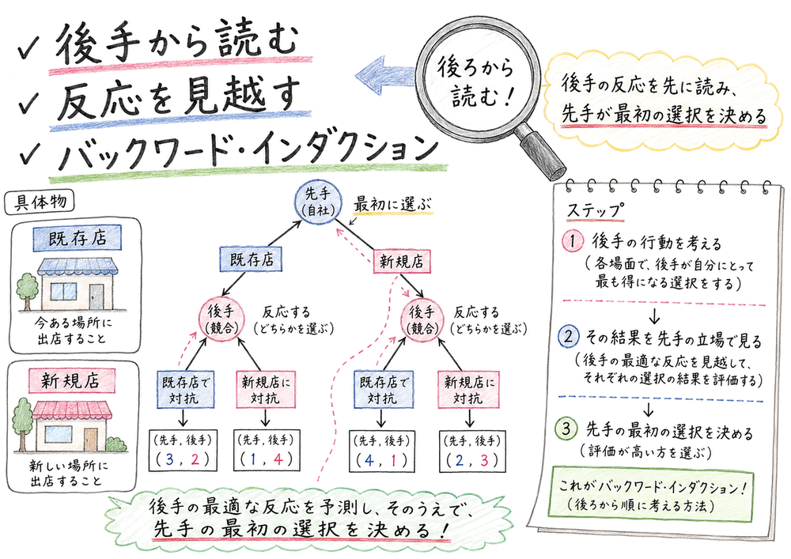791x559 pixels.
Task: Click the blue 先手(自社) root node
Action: click(318, 202)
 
